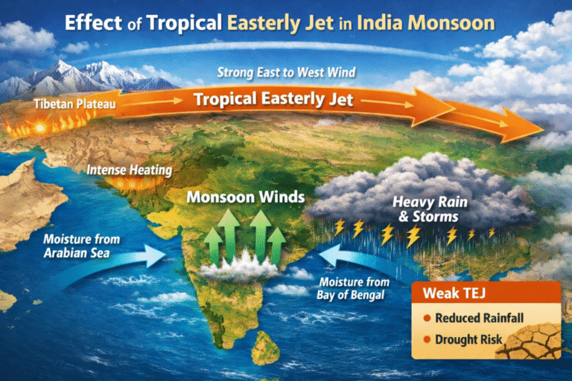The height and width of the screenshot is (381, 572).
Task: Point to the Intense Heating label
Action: click(129, 170)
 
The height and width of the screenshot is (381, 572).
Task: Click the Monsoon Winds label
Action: click(245, 198)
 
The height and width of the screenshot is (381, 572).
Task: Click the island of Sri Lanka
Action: click(262, 348)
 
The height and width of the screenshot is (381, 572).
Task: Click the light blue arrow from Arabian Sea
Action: click(142, 257)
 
